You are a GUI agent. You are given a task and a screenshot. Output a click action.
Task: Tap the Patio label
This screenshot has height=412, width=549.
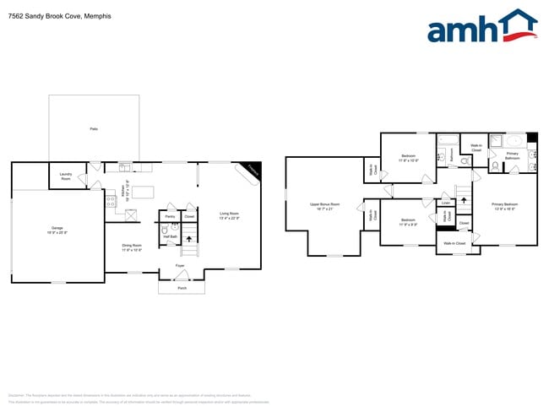pos(94,128)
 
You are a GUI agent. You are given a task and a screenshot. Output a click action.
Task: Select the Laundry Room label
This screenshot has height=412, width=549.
pos(65,177)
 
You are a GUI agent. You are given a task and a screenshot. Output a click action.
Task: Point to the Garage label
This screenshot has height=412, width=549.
pos(57,230)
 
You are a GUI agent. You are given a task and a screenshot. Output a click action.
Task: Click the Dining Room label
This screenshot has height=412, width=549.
pos(132,247)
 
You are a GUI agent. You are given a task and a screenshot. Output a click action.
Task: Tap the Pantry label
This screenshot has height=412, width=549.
pos(170,217)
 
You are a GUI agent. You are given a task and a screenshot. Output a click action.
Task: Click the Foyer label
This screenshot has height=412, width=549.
pos(180,266)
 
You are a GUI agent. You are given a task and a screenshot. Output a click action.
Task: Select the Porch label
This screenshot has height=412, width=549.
pos(182,287)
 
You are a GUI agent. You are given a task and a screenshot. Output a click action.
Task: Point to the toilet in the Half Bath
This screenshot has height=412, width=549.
pos(164,230)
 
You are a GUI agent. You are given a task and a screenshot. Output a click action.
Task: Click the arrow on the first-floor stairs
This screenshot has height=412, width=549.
pos(189,240)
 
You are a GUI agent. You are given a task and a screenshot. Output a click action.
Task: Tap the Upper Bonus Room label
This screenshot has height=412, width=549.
pos(324,205)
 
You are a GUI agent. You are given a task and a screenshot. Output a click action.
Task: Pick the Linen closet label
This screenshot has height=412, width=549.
pos(445,203)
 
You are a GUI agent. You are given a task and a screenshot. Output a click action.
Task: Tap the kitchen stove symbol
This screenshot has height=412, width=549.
pos(111,201)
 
